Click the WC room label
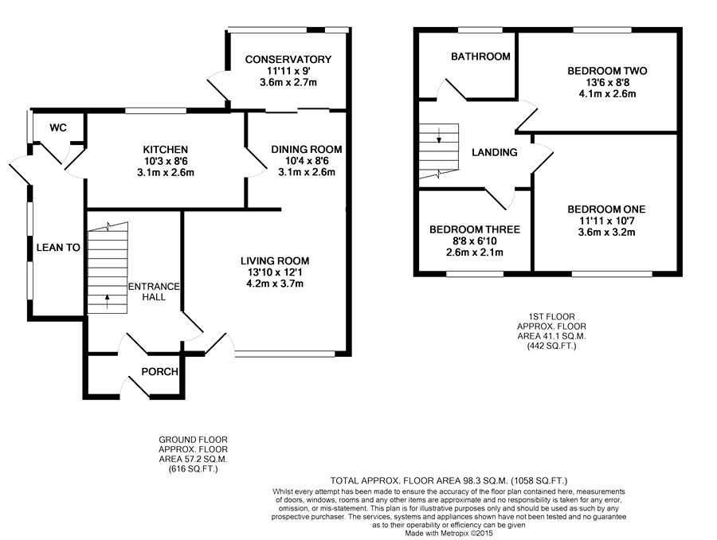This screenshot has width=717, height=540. [x=58, y=128]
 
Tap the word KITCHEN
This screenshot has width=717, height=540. [x=165, y=150]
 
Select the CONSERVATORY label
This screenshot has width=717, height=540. [x=288, y=60]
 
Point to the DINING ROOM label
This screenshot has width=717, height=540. [x=306, y=149]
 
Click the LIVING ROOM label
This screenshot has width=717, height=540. [x=275, y=260]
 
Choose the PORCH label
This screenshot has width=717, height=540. [x=159, y=372]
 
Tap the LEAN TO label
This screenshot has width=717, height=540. [x=58, y=248]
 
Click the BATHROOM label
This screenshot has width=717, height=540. [x=480, y=57]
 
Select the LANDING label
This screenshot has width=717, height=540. [x=494, y=152]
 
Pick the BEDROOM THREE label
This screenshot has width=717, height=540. [x=474, y=229]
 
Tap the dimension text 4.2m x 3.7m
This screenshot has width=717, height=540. [x=275, y=284]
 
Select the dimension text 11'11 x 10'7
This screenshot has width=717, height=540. [x=606, y=221]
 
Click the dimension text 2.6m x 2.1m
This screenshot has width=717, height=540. [x=474, y=252]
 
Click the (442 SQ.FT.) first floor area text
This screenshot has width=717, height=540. [x=546, y=346]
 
